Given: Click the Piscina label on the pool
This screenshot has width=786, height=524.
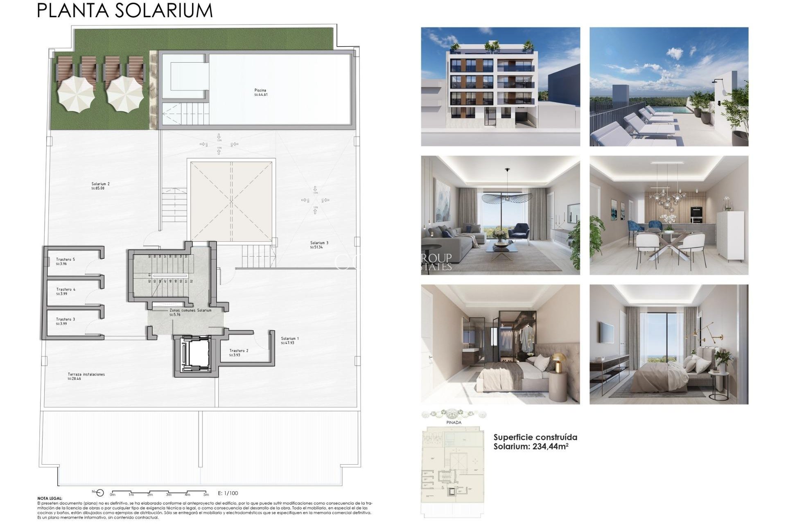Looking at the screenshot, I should point(260,90).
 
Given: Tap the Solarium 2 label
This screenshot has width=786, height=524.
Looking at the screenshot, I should point(100,184).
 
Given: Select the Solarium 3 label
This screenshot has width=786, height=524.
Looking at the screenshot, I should point(319,243).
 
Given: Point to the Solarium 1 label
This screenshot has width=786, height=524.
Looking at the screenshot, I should point(290,339).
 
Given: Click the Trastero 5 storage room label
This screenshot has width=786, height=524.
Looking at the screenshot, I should point(65,260).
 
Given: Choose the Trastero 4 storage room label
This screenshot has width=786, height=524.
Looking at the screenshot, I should point(65,289).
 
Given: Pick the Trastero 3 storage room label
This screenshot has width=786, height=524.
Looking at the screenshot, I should point(65,319).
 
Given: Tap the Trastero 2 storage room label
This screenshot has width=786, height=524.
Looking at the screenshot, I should point(239,351).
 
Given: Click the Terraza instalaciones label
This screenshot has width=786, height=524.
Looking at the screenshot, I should point(86,375).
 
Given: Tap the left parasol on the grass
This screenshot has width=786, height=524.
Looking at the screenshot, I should point(76,95).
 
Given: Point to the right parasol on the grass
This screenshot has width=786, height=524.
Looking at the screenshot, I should point(124,95).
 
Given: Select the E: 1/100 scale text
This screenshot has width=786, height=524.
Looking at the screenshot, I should point(228,493).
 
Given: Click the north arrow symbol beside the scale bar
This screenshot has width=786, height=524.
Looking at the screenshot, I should point(99,493).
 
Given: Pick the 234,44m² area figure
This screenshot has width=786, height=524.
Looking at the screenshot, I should point(550,447).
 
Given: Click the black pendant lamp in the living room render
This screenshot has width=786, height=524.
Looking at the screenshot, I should point(507,197).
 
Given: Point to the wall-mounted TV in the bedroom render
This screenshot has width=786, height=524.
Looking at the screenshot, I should point(607,333).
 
